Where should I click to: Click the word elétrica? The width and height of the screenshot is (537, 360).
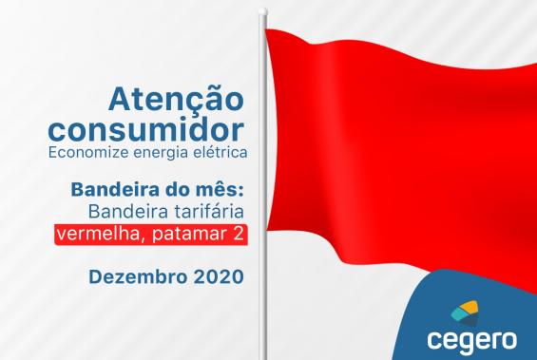pyautogui.click(x=220, y=151)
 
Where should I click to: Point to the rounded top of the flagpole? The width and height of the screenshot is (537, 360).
pyautogui.click(x=262, y=12)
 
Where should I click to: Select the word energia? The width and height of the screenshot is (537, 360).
pyautogui.click(x=168, y=151)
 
